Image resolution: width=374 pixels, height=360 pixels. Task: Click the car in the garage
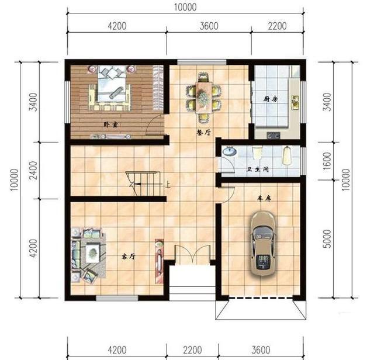[x=262, y=243]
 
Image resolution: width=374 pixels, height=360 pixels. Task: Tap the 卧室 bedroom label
[x=110, y=124]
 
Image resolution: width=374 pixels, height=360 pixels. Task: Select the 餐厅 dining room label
[x=203, y=133]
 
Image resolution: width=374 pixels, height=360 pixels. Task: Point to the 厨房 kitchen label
[x=271, y=99]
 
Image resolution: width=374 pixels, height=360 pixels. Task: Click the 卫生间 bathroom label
[x=258, y=169]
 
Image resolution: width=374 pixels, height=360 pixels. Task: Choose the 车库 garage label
[x=264, y=199]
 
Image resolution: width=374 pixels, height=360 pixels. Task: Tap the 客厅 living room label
[x=129, y=257]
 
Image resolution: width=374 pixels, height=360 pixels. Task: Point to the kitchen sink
[x=295, y=103]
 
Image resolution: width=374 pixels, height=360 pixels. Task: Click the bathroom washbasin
[x=230, y=151]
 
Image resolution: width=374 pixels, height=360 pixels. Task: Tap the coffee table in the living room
[x=92, y=252]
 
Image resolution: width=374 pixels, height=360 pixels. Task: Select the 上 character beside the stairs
[x=168, y=185]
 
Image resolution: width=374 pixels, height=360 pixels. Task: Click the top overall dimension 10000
[x=185, y=8]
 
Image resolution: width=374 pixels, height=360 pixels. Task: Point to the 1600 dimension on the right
[x=328, y=161]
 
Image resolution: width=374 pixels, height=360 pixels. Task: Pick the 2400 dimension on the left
[x=33, y=170]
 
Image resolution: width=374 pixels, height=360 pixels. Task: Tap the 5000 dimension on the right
[x=328, y=239]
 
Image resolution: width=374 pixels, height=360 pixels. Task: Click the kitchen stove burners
[x=273, y=136]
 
